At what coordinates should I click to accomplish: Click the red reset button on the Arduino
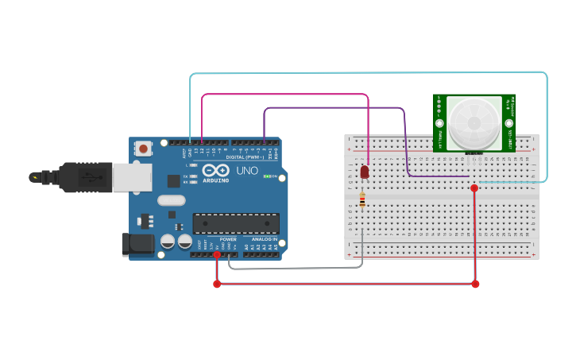[x=143, y=148]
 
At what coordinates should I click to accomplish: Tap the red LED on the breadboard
[x=365, y=172]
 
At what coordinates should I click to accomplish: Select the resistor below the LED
[x=362, y=201]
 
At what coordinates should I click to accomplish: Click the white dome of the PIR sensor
[x=474, y=123]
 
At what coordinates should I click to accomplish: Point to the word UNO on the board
[x=247, y=170]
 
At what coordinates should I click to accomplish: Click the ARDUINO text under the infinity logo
[x=215, y=180]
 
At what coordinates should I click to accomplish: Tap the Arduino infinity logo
[x=215, y=169]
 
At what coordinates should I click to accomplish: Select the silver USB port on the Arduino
[x=131, y=177]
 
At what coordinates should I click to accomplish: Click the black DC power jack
[x=137, y=245]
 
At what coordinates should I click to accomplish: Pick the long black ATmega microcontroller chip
[x=235, y=223]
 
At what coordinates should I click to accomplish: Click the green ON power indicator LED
[x=268, y=176]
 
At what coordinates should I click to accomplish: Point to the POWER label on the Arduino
[x=228, y=238]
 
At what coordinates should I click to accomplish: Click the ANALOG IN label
[x=265, y=238]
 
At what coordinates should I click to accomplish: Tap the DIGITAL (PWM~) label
[x=245, y=157]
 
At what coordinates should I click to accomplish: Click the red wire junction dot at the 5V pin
[x=217, y=254]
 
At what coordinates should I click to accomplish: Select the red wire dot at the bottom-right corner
[x=475, y=284]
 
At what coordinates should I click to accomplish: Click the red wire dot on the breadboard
[x=474, y=188]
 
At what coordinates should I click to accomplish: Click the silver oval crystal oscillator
[x=172, y=200]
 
